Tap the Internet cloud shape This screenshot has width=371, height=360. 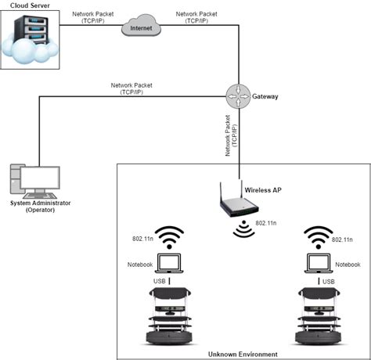142,28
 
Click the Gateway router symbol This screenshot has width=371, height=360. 239,95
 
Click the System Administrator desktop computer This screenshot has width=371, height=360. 34,182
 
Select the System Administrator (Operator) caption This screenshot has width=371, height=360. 37,207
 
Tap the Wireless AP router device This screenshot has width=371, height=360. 238,206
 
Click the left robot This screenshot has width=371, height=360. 170,317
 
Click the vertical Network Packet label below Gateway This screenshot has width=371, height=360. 230,138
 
